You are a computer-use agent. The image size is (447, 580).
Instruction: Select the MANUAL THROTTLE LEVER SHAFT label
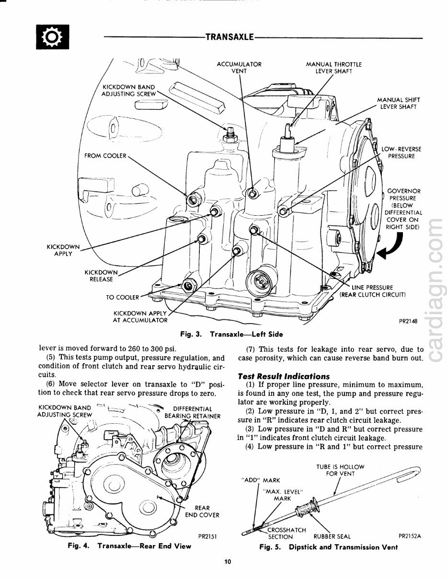[x=333, y=67]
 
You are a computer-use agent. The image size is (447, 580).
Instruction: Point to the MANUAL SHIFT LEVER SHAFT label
[x=399, y=103]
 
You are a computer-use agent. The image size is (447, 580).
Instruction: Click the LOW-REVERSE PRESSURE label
[x=401, y=152]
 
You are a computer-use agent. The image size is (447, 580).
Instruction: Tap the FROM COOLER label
[x=105, y=156]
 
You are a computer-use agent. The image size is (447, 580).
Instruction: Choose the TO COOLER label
[x=122, y=297]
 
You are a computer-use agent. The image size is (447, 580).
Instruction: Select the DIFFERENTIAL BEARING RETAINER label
[x=193, y=412]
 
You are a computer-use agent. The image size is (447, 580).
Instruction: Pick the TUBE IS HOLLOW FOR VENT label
[x=340, y=470]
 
